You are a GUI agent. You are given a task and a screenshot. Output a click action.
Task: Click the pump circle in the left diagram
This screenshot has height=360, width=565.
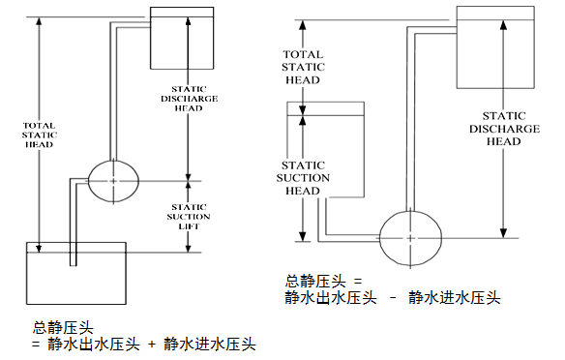coord(113,180)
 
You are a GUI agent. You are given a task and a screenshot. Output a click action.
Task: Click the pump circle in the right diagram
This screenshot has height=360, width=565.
coord(409,237)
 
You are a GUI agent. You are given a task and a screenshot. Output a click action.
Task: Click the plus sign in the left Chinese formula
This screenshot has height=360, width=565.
coord(152,343)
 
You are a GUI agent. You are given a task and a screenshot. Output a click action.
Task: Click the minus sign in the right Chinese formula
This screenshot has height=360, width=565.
coord(393,297)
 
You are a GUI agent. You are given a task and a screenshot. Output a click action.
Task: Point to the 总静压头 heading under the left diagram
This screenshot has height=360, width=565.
coord(56,326)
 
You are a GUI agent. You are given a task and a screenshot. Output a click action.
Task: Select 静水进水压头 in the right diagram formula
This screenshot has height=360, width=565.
coord(454,297)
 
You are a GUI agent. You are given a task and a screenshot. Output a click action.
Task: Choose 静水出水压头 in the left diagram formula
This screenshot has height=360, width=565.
coord(94,343)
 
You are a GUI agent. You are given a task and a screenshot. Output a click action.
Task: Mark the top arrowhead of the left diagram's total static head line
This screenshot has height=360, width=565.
coord(39,19)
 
